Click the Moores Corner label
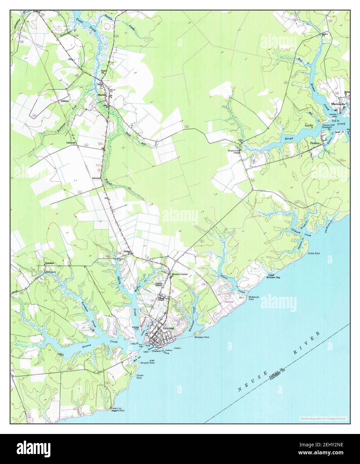click(x=180, y=274)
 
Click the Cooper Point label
click(x=140, y=377)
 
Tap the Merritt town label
click(x=101, y=94)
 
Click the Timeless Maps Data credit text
click(x=322, y=418)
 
